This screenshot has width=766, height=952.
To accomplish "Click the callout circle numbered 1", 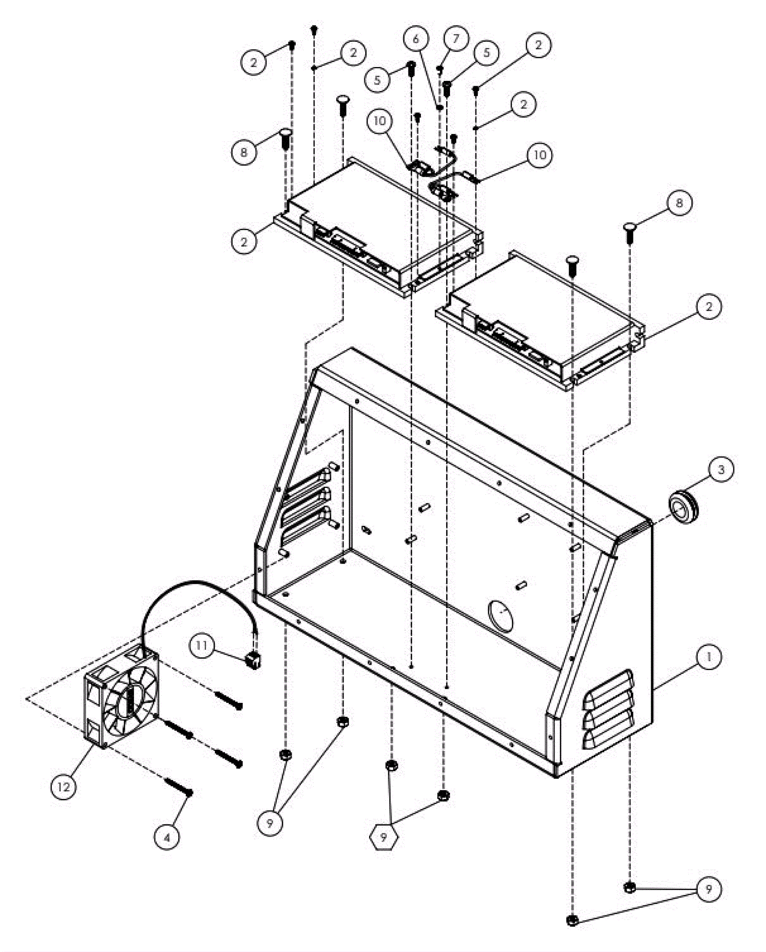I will tap(709, 657).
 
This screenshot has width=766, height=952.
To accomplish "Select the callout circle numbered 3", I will tap(721, 469).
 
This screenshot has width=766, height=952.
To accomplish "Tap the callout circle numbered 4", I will tap(167, 837).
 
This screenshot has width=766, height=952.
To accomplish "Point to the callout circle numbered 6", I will tap(415, 39).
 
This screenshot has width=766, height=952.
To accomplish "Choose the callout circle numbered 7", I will tap(455, 39).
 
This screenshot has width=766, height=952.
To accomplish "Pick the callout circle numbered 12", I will tap(64, 786).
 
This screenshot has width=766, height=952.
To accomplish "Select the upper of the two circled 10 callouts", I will tap(380, 121).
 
